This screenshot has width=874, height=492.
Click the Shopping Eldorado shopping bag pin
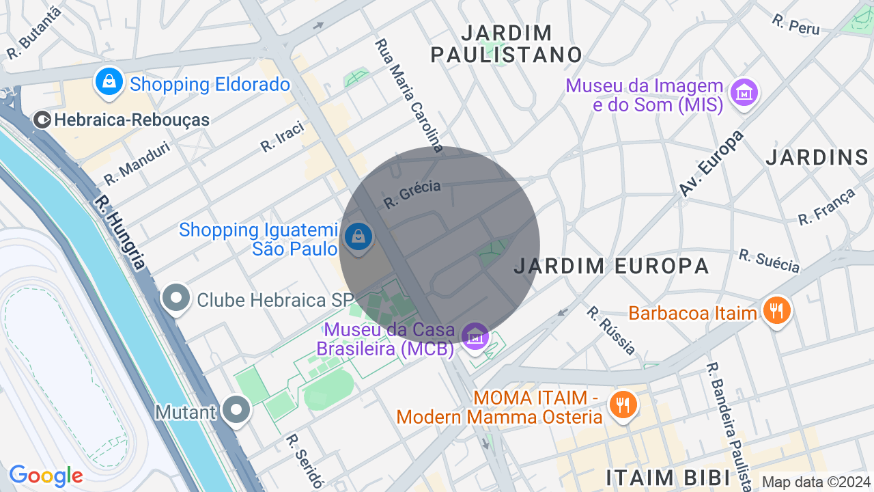[109, 82]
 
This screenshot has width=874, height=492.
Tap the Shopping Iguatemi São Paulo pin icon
[358, 238]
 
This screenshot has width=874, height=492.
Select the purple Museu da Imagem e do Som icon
[744, 92]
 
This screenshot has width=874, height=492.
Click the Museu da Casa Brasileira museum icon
[475, 337]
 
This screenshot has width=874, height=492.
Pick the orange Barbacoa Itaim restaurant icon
[776, 312]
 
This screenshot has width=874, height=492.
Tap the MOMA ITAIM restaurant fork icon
[622, 405]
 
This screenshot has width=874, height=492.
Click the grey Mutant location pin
[237, 411]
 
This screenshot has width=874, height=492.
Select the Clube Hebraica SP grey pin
[177, 299]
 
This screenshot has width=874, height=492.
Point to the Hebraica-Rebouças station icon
[42, 120]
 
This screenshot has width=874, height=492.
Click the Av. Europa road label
[711, 163]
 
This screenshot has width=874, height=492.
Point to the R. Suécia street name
[769, 260]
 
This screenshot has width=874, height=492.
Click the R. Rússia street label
[611, 330]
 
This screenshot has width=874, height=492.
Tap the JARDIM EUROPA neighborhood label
[611, 266]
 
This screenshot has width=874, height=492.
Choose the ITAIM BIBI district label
[669, 476]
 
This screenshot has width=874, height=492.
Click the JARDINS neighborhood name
[817, 157]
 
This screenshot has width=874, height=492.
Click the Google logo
[46, 476]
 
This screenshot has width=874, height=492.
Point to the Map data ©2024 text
[816, 482]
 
